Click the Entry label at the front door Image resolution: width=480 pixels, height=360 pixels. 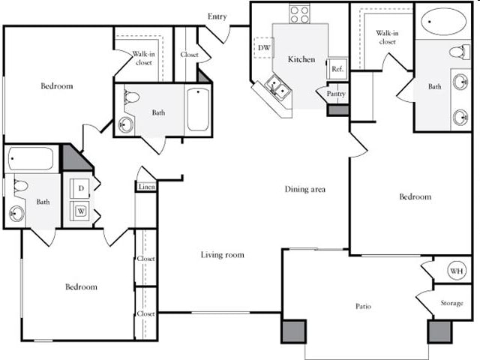pos(217,16)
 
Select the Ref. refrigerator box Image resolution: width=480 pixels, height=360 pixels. pos(337,68)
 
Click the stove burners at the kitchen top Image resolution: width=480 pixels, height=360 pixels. pos(299,13)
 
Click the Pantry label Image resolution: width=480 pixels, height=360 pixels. pos(336,95)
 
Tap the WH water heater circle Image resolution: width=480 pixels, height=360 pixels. pos(457,270)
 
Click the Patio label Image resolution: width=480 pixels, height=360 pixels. pos(364,306)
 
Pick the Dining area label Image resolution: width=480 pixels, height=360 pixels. pos(304,190)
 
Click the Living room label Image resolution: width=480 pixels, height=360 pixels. pos(223,255)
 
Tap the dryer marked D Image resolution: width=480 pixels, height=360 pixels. pos(80,187)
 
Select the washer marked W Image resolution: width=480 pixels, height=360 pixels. pos(80,211)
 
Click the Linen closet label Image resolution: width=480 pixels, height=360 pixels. pos(147,187)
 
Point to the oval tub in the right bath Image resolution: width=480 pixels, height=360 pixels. pos(443,21)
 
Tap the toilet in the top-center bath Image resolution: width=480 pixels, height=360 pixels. pos(132,97)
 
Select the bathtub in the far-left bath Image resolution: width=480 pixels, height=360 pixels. pos(31,158)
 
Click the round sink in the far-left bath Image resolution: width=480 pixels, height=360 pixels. pos(16,214)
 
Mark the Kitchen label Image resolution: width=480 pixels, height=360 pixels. pos(301,59)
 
